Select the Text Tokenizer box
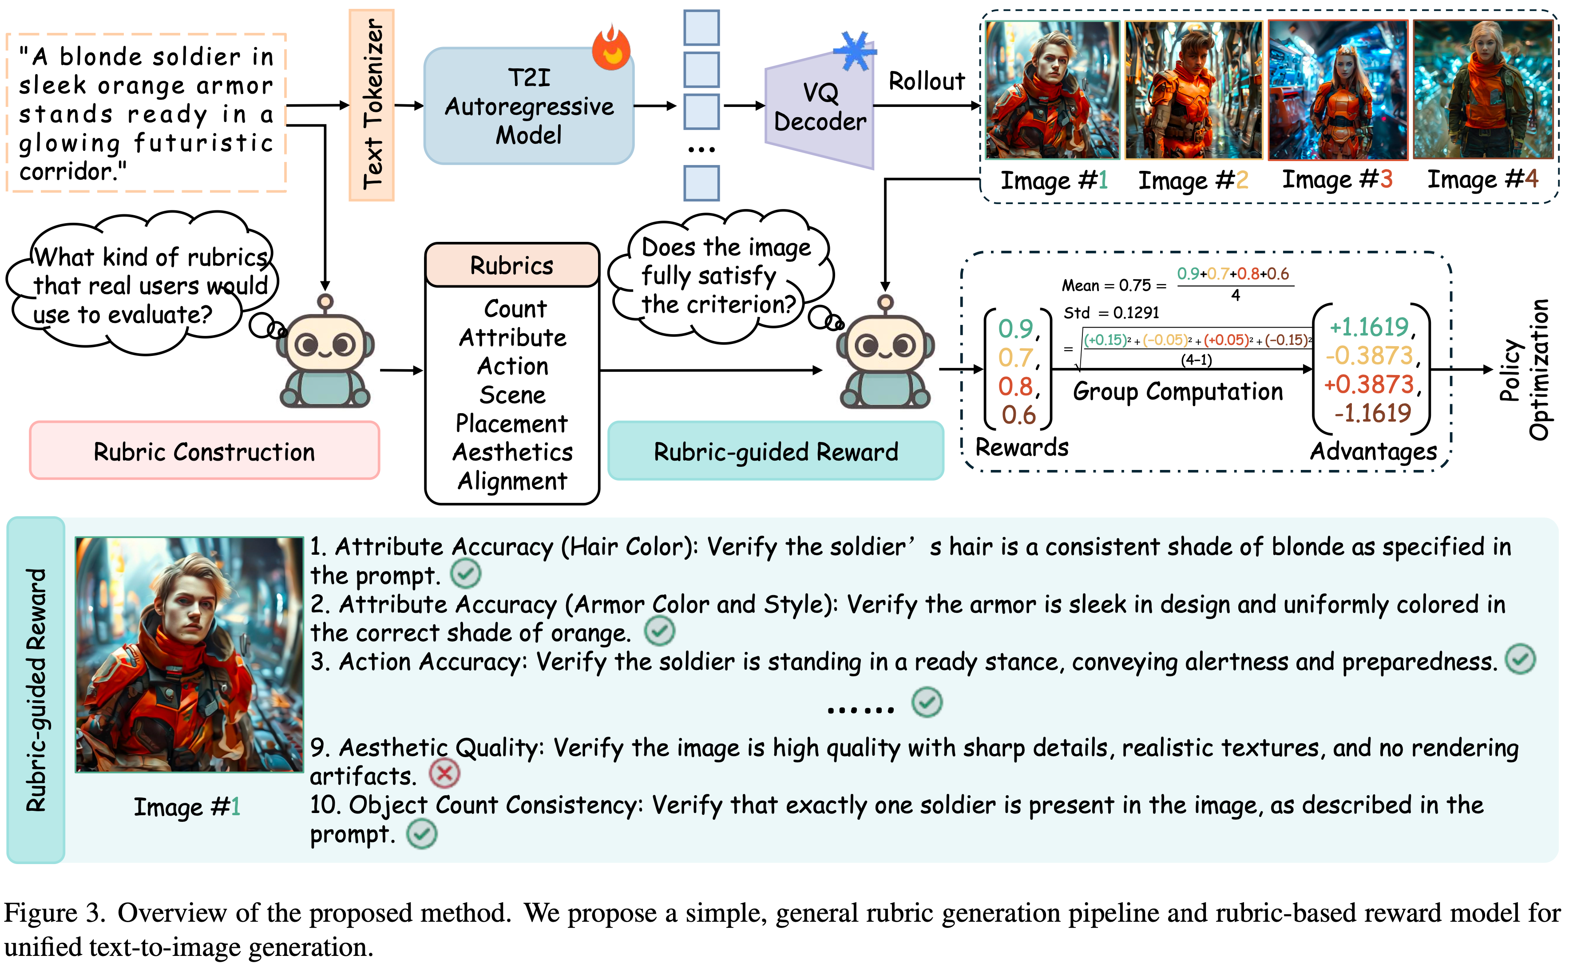tap(372, 105)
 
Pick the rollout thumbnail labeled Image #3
tap(1337, 89)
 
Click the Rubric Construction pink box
tap(205, 450)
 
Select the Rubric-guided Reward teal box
tap(775, 451)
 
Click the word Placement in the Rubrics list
tap(511, 423)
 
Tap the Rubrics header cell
tap(511, 265)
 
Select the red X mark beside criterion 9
tap(444, 774)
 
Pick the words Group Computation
tap(1177, 391)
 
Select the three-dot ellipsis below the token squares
tap(701, 150)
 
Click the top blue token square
tap(701, 28)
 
